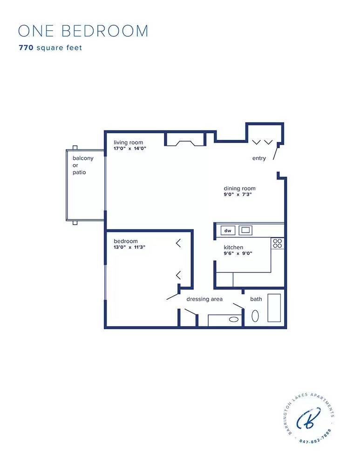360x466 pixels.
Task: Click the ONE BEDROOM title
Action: (x=83, y=31)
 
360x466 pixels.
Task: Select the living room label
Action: (x=128, y=143)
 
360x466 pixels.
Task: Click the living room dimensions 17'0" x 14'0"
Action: (x=130, y=149)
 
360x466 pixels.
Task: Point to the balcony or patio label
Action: (x=82, y=165)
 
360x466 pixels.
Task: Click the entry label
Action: (x=259, y=158)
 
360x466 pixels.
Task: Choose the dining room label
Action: (x=239, y=189)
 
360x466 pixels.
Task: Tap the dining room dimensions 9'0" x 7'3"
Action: (x=238, y=195)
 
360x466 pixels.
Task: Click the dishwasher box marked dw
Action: (x=228, y=230)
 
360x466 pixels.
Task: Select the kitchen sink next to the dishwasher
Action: (x=245, y=230)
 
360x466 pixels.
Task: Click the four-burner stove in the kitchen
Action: (x=278, y=243)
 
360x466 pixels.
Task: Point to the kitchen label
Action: (x=233, y=247)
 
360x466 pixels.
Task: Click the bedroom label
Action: (x=126, y=241)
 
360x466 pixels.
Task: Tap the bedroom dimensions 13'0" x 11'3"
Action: (x=129, y=247)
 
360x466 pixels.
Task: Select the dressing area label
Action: (x=204, y=299)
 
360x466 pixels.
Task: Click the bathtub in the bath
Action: (x=274, y=308)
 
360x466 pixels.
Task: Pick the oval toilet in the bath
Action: (x=255, y=316)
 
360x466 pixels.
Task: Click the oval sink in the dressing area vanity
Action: (x=234, y=320)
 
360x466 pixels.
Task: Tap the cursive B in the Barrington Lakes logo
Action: (x=309, y=419)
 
